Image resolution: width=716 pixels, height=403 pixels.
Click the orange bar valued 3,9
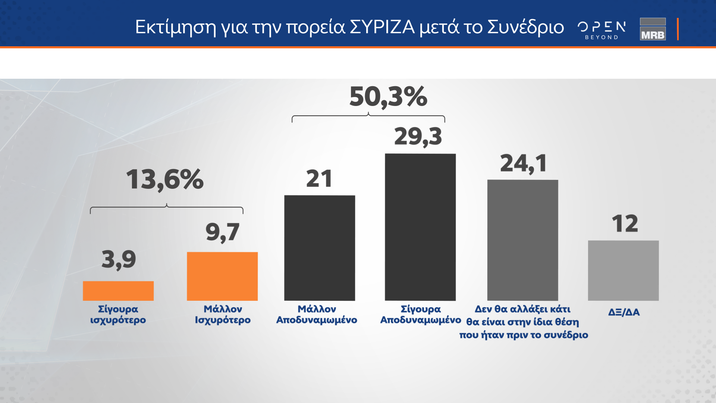(118, 291)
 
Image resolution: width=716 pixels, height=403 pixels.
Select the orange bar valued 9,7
(222, 276)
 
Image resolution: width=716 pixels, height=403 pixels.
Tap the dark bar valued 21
(320, 248)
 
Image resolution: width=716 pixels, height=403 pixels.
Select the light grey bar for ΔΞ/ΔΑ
(623, 271)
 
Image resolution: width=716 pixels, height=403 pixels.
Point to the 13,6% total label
(165, 179)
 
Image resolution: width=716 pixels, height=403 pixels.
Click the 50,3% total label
(388, 97)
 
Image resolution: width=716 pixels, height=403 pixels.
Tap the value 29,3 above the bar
(418, 137)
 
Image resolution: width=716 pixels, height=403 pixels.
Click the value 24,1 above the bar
(524, 163)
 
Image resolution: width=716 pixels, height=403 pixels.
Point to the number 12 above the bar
(625, 224)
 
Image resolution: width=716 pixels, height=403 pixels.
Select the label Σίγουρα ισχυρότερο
(118, 315)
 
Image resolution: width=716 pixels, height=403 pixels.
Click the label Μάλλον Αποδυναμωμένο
(317, 315)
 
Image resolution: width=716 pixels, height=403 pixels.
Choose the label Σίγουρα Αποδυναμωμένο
(421, 315)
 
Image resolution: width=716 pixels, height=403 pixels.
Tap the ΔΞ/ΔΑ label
(624, 312)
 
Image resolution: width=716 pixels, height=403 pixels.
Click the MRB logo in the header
(653, 29)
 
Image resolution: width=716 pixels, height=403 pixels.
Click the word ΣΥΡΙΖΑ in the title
(382, 27)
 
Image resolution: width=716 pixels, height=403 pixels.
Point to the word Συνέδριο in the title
(525, 27)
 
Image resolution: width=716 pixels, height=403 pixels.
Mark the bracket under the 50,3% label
(368, 117)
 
